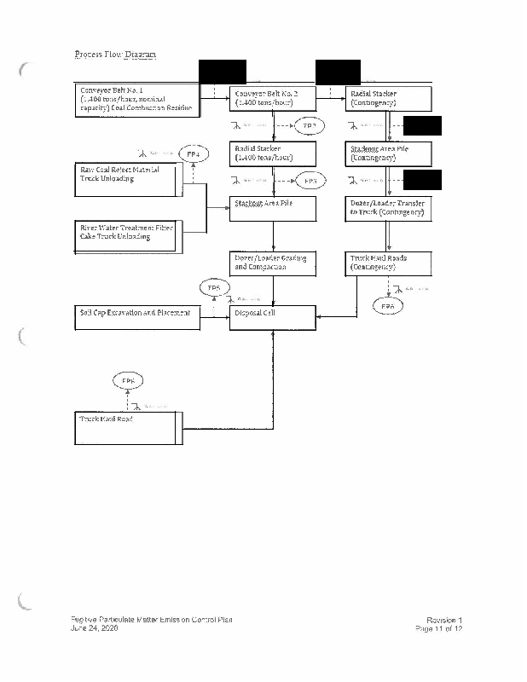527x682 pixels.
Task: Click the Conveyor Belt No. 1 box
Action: [x=136, y=100]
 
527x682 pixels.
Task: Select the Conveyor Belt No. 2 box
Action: [x=273, y=98]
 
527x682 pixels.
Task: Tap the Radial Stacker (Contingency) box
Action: [x=389, y=98]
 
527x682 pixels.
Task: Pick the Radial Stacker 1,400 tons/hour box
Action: [x=273, y=153]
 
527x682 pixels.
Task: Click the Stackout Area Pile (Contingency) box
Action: [x=389, y=153]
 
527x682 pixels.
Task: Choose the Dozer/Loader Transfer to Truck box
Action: [x=389, y=207]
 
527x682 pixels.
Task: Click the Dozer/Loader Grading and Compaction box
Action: [x=273, y=263]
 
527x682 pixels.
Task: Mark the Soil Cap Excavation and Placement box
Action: [x=136, y=314]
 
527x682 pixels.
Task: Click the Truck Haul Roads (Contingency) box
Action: [x=389, y=263]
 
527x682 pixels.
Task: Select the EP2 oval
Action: [x=309, y=126]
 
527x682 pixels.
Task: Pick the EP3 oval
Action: [x=310, y=181]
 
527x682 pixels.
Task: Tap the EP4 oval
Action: [x=193, y=154]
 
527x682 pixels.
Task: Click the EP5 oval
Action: [x=215, y=289]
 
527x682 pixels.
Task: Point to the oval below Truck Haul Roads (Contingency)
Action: [x=388, y=305]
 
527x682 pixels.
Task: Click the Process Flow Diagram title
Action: [x=115, y=55]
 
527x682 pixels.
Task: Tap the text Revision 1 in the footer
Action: [x=444, y=619]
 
